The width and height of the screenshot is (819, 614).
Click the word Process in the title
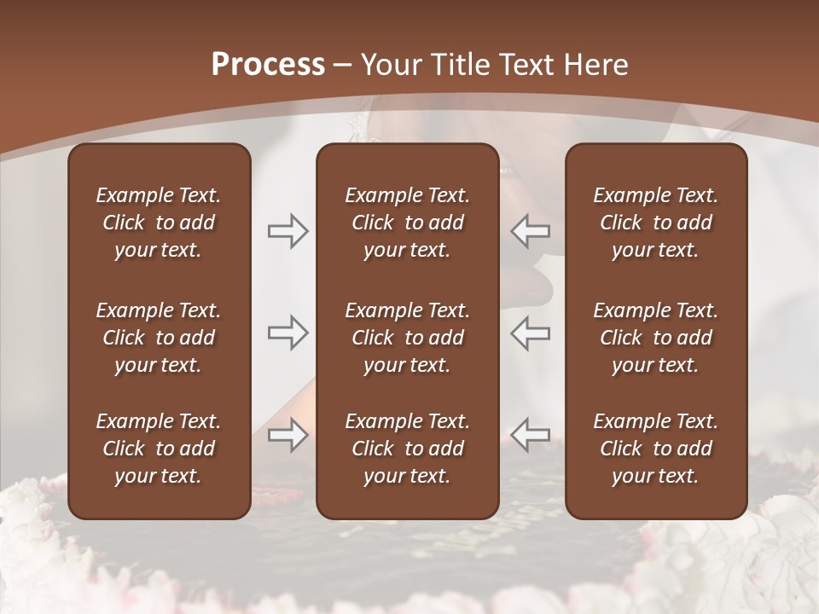268,64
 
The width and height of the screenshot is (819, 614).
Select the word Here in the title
597,64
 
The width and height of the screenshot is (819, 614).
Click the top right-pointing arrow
288,231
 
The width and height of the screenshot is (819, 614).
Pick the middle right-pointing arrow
288,333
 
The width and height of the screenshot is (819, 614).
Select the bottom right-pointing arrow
288,435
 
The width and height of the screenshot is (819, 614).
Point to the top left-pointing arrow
530,231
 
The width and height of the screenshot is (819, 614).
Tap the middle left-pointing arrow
530,333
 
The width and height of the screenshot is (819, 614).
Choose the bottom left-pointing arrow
530,435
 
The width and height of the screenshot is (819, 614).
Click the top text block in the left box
159,223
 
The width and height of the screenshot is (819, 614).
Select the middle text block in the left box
159,338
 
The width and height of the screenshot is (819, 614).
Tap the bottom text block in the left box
159,449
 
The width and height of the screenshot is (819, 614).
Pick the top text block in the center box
408,223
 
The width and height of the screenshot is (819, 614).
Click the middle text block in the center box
408,338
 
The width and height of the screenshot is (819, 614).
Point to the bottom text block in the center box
408,449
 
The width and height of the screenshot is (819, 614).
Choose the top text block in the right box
656,223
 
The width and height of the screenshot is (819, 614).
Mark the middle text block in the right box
656,338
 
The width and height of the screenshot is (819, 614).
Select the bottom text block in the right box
656,449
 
